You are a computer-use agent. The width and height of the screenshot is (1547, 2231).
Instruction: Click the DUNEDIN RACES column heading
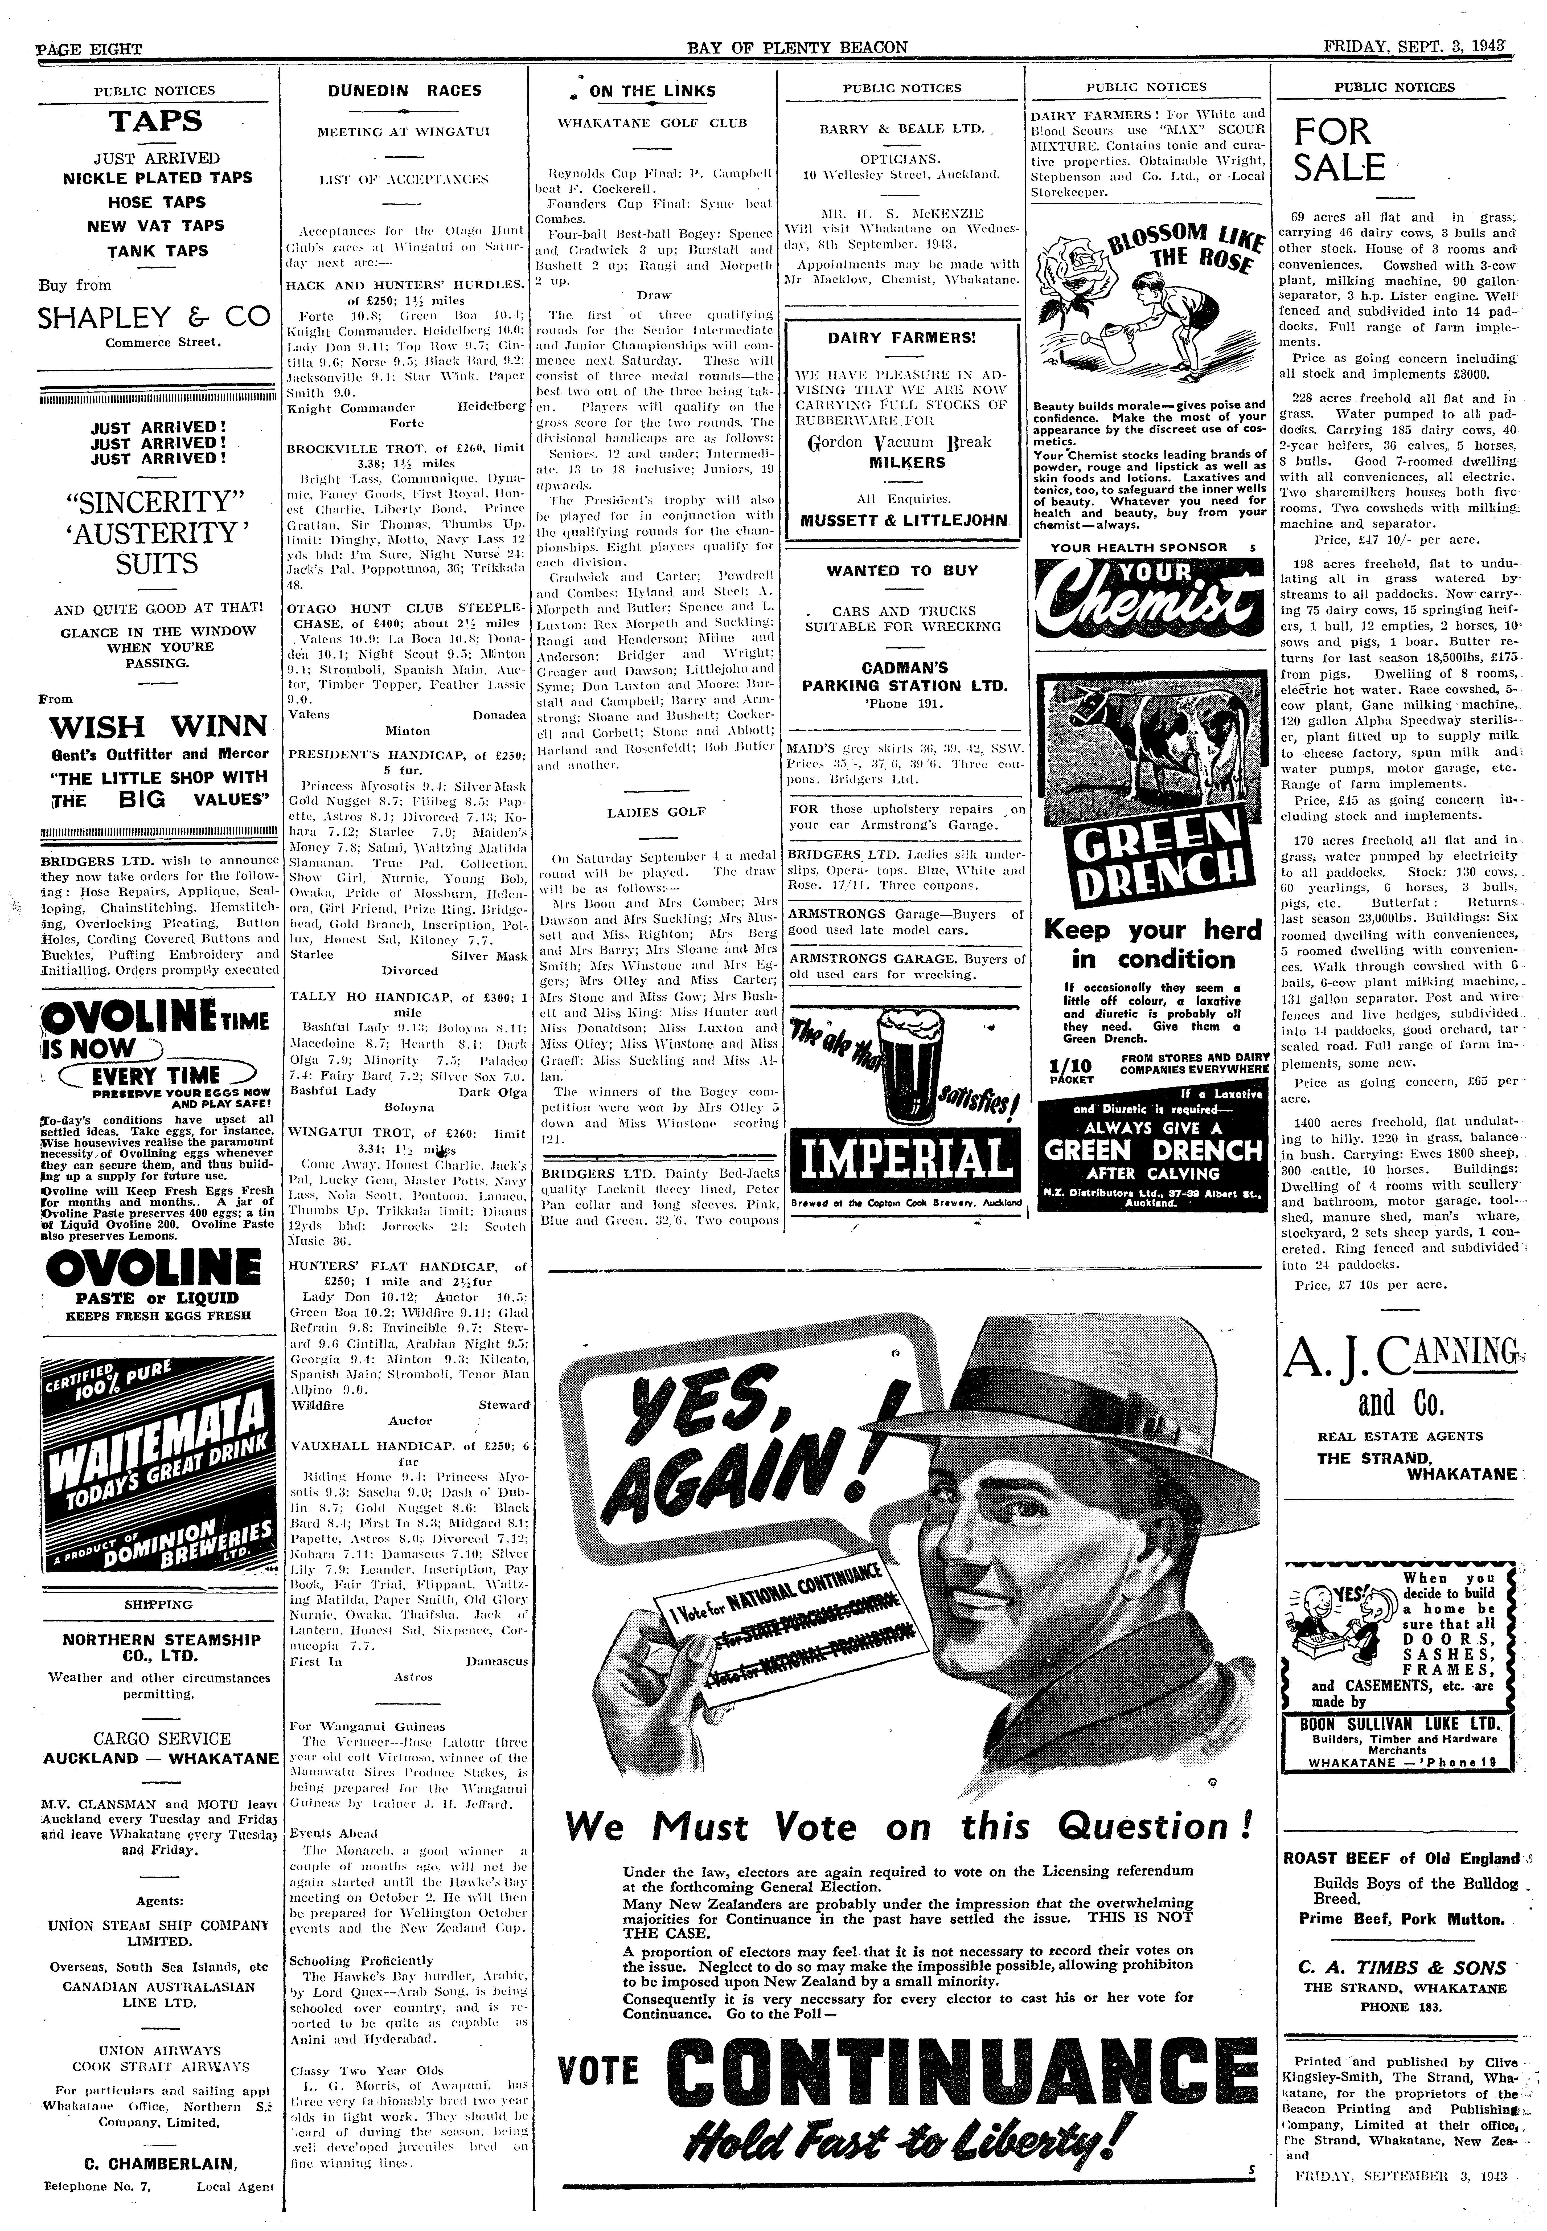click(x=403, y=91)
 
